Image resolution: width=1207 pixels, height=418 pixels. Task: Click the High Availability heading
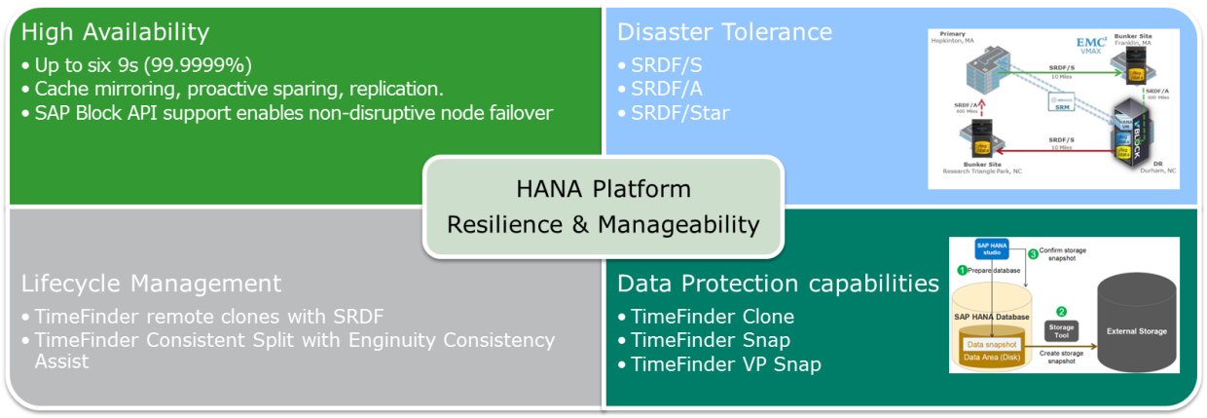click(115, 32)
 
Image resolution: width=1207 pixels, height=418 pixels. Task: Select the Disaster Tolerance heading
click(724, 32)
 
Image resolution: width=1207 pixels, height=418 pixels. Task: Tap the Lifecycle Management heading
click(151, 284)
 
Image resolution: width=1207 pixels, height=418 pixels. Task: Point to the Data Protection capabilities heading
click(778, 284)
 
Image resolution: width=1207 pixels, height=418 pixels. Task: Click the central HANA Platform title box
click(603, 207)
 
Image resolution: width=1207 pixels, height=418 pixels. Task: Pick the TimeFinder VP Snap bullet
click(725, 364)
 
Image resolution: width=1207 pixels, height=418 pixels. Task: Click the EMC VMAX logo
click(1091, 44)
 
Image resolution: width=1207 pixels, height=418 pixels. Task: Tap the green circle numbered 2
click(1061, 311)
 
